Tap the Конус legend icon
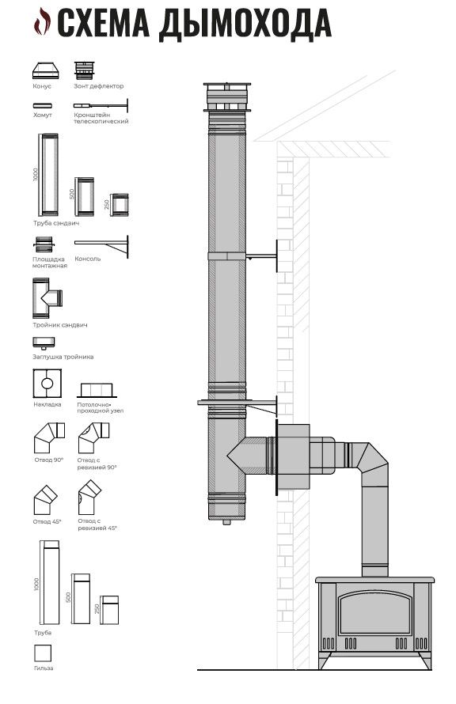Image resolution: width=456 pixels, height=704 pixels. click(x=45, y=71)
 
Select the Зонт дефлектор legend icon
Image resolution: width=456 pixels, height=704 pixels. click(x=85, y=70)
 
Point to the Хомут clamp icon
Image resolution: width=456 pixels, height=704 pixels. click(x=42, y=106)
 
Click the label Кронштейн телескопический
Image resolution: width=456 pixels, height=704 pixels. click(x=101, y=118)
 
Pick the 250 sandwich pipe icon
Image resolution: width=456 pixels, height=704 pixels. click(x=120, y=205)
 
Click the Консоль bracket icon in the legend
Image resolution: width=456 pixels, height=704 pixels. click(x=101, y=246)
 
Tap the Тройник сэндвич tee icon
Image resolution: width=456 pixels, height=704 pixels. click(x=47, y=297)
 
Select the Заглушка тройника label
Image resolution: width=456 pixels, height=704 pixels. click(x=63, y=357)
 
